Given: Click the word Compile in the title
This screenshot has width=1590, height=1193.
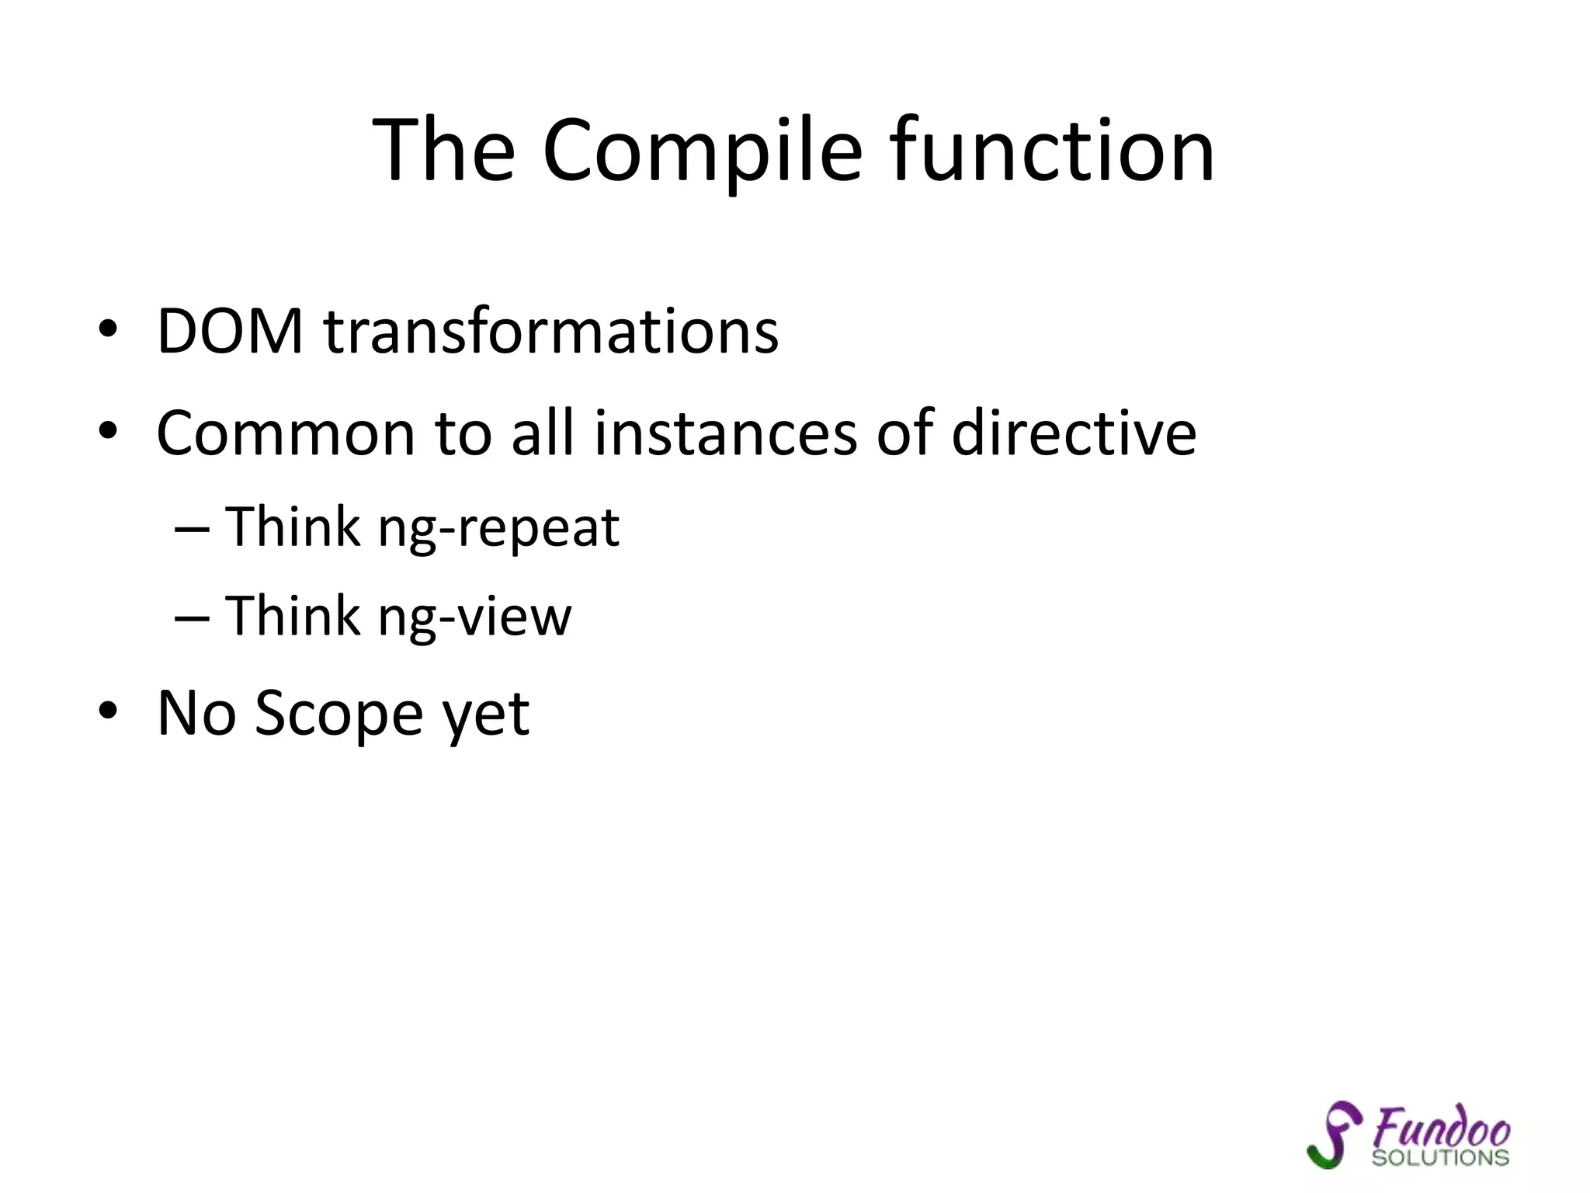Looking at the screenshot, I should click(702, 151).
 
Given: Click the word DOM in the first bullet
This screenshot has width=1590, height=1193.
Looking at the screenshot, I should click(230, 332).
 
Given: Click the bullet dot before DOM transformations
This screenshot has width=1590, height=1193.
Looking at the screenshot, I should click(108, 329).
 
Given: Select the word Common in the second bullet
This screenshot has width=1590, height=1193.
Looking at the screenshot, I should click(285, 433).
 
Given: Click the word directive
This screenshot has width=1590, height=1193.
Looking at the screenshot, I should click(1074, 433).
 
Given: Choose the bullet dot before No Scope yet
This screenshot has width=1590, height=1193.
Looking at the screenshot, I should click(108, 710).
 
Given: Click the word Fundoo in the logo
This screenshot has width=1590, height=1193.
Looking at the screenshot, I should click(1442, 1127).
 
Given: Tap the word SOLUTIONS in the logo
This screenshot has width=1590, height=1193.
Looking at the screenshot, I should click(1440, 1158).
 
